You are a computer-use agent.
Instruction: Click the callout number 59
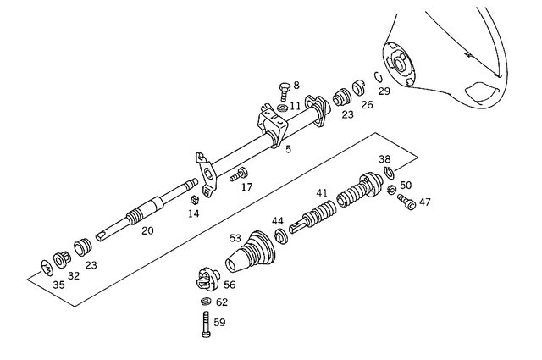pyautogui.click(x=219, y=322)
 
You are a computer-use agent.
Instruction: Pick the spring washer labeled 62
pyautogui.click(x=205, y=302)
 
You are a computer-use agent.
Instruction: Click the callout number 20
pyautogui.click(x=147, y=230)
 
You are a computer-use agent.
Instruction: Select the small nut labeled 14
pyautogui.click(x=193, y=200)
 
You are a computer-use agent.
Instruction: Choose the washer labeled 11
pyautogui.click(x=282, y=107)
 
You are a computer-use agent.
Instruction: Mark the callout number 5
pyautogui.click(x=288, y=149)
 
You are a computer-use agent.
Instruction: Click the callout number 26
pyautogui.click(x=366, y=105)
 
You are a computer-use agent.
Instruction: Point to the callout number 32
pyautogui.click(x=74, y=275)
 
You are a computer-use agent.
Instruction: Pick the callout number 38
pyautogui.click(x=384, y=158)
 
